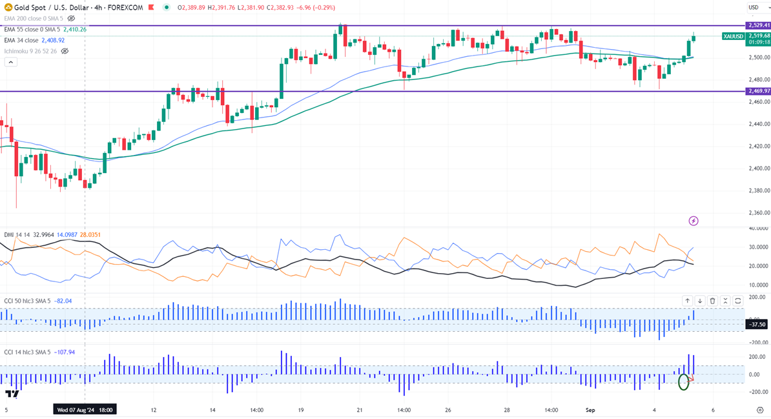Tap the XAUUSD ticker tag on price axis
[733, 36]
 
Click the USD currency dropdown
[754, 8]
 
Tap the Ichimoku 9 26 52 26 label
[30, 51]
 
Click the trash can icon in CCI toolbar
[712, 301]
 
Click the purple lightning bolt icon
[694, 221]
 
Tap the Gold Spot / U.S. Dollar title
[50, 8]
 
